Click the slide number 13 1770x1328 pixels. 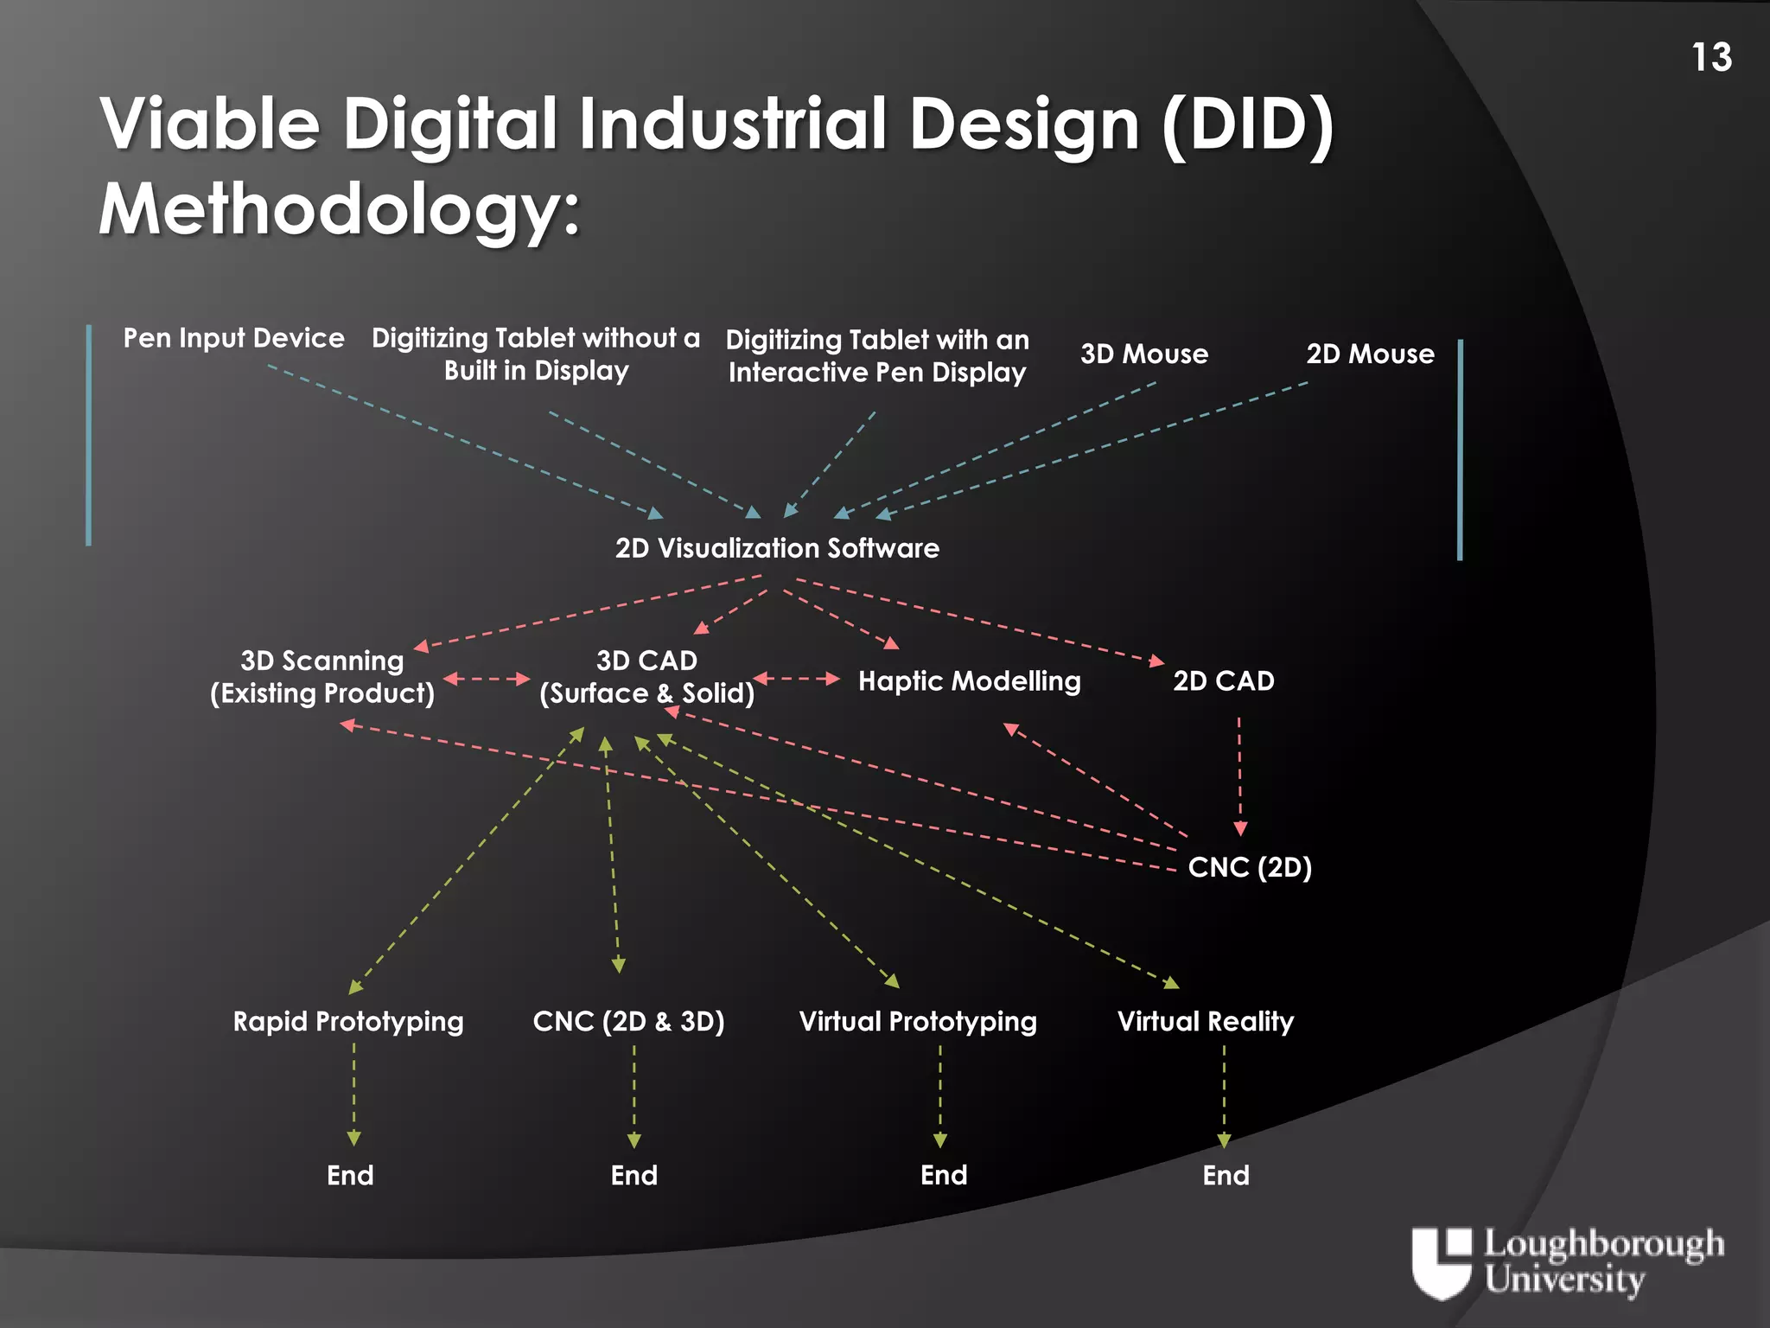(1711, 58)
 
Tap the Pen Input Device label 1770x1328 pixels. (233, 338)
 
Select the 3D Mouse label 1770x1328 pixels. (1143, 354)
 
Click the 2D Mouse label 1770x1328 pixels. (1370, 354)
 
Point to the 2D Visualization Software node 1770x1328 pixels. (777, 548)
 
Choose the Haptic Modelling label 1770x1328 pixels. (969, 681)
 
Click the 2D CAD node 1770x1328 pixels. (1223, 681)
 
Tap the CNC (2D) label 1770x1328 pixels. (1250, 867)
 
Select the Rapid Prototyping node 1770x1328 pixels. (348, 1022)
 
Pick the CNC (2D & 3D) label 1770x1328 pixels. (628, 1022)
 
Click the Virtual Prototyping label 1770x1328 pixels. (918, 1022)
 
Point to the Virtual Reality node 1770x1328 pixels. (1206, 1022)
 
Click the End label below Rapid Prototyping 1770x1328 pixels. (350, 1176)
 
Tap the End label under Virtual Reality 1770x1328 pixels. (1226, 1176)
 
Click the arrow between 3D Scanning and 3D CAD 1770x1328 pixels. (487, 679)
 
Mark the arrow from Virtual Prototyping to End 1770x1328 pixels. (940, 1096)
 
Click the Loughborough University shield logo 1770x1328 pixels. (1441, 1262)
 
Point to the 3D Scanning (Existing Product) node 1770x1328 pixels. (322, 677)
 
